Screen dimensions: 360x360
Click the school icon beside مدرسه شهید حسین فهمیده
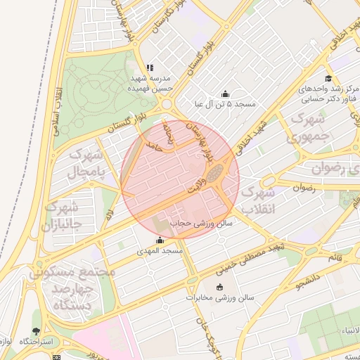point(149,68)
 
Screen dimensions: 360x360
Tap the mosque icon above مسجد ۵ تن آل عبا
point(225,94)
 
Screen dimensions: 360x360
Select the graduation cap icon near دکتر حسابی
point(328,78)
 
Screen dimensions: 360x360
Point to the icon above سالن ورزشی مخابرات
point(220,287)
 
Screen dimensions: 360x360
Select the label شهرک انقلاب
point(257,200)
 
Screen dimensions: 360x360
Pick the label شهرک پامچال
point(88,163)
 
